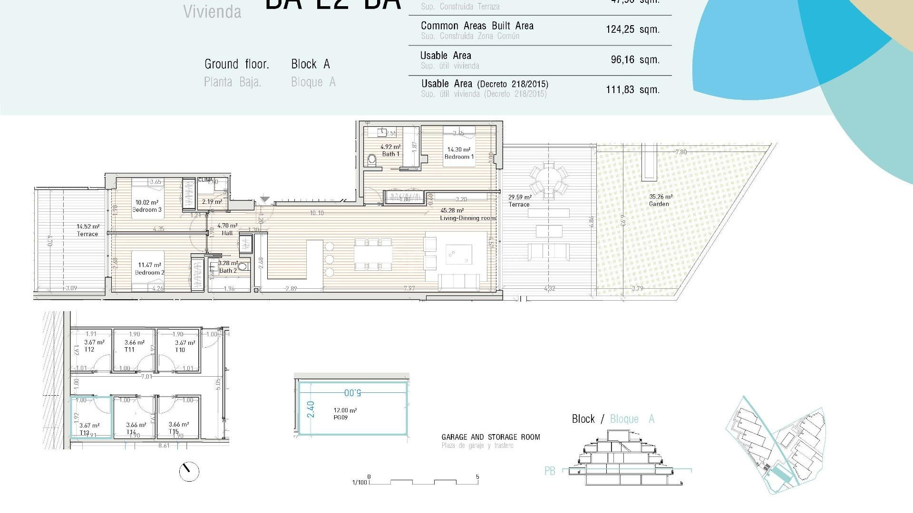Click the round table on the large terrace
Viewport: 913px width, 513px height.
(x=549, y=180)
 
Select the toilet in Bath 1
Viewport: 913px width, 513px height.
(x=372, y=160)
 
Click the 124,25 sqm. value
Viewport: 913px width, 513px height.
(x=632, y=29)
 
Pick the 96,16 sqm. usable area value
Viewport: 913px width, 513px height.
(x=634, y=60)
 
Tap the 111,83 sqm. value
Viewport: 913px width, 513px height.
(x=632, y=90)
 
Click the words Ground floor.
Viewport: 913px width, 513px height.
(x=236, y=64)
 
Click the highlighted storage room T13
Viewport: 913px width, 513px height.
(x=91, y=418)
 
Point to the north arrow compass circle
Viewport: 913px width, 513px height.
(x=189, y=471)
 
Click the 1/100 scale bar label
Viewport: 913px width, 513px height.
(x=359, y=483)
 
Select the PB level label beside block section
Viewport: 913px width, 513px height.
(x=550, y=471)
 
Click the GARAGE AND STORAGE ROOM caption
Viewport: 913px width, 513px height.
(x=490, y=437)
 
